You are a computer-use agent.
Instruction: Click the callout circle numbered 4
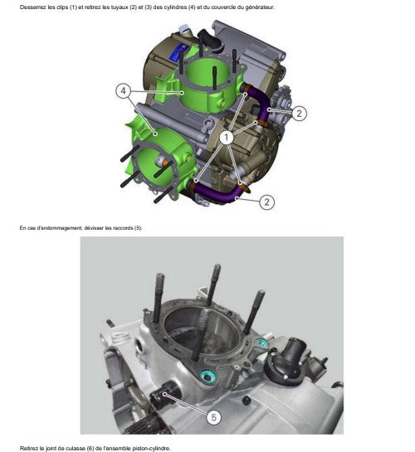123,90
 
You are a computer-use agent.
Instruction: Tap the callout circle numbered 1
227,138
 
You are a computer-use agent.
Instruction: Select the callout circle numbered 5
213,417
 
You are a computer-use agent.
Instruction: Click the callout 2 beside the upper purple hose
299,113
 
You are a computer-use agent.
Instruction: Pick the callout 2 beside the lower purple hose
266,202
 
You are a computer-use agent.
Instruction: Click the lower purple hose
219,192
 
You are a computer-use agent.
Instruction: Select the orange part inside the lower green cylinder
164,163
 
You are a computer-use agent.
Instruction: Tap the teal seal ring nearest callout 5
207,377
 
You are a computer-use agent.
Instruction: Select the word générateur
260,7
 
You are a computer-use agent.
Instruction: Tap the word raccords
123,228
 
